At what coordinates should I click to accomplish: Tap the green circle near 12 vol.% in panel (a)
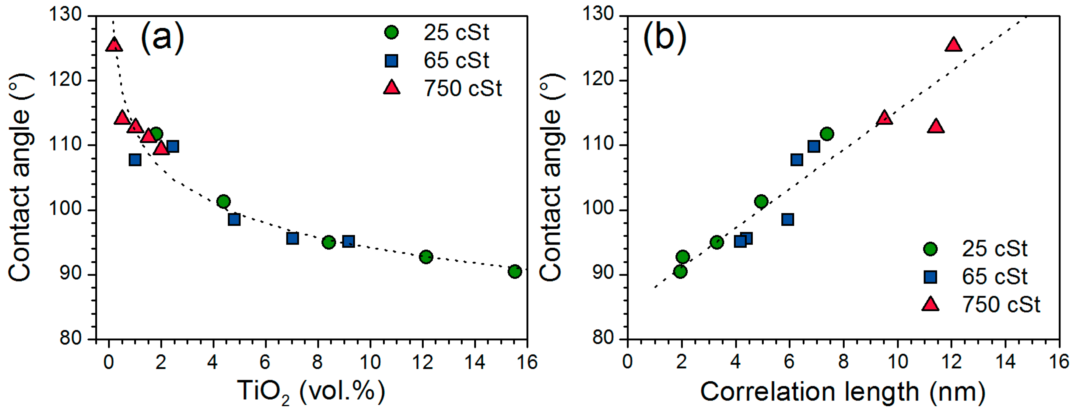426,256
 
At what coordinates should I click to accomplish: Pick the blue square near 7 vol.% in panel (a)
293,239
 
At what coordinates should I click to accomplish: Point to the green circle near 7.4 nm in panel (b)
827,134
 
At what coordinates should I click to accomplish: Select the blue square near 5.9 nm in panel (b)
788,219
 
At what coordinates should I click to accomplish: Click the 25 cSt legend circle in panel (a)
391,33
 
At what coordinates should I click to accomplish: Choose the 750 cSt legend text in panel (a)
463,89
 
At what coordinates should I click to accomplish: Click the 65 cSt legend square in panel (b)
930,277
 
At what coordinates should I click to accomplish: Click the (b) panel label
664,37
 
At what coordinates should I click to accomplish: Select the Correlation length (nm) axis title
843,392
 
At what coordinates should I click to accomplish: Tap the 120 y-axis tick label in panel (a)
65,80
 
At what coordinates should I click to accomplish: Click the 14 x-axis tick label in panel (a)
475,362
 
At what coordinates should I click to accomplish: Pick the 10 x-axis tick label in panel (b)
897,362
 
